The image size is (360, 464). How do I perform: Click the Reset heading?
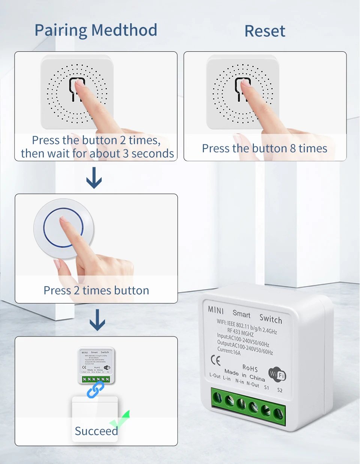(x=265, y=31)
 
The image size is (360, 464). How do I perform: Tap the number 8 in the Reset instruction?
(x=292, y=149)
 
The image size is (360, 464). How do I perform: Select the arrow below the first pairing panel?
(x=94, y=178)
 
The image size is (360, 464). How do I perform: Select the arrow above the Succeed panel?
(x=97, y=320)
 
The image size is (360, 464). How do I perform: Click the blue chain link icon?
(x=96, y=390)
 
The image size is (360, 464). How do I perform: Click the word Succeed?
(x=96, y=431)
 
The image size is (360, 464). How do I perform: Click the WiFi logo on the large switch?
(x=277, y=375)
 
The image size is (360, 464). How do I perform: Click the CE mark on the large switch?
(x=216, y=360)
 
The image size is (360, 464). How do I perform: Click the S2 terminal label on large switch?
(x=280, y=390)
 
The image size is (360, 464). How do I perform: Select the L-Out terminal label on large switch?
(x=215, y=375)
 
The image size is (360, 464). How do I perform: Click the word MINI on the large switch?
(x=216, y=310)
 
